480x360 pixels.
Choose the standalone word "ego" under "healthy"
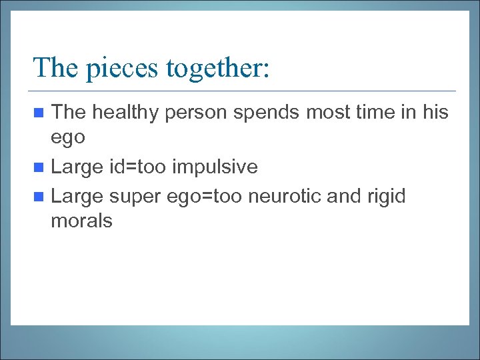click(68, 138)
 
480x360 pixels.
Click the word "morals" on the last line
click(81, 221)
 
